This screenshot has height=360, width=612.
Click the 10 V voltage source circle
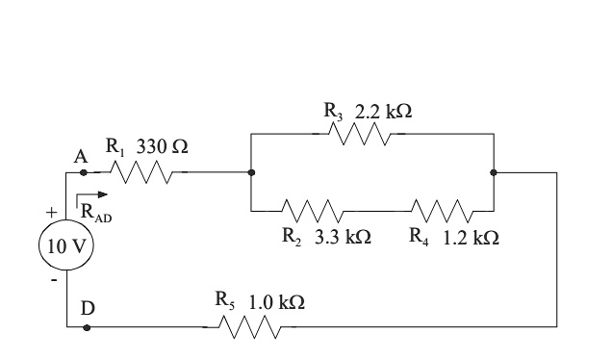(65, 245)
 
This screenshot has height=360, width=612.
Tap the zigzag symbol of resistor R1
(143, 173)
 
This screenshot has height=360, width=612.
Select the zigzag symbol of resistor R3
(360, 136)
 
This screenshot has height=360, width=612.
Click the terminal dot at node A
(84, 173)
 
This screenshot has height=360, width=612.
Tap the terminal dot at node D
(88, 328)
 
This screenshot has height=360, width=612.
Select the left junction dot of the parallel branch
(250, 173)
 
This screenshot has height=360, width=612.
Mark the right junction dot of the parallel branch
(493, 173)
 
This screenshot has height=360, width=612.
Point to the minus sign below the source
(54, 280)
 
